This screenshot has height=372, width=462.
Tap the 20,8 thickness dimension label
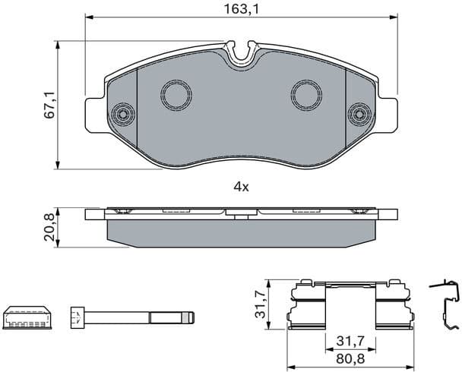pos(49,226)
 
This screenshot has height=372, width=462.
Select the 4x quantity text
pos(241,186)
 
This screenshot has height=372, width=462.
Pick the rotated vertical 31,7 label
pos(259,304)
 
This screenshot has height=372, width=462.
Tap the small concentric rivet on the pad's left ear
pos(121,115)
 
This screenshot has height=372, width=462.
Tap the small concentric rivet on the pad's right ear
pos(357,115)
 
